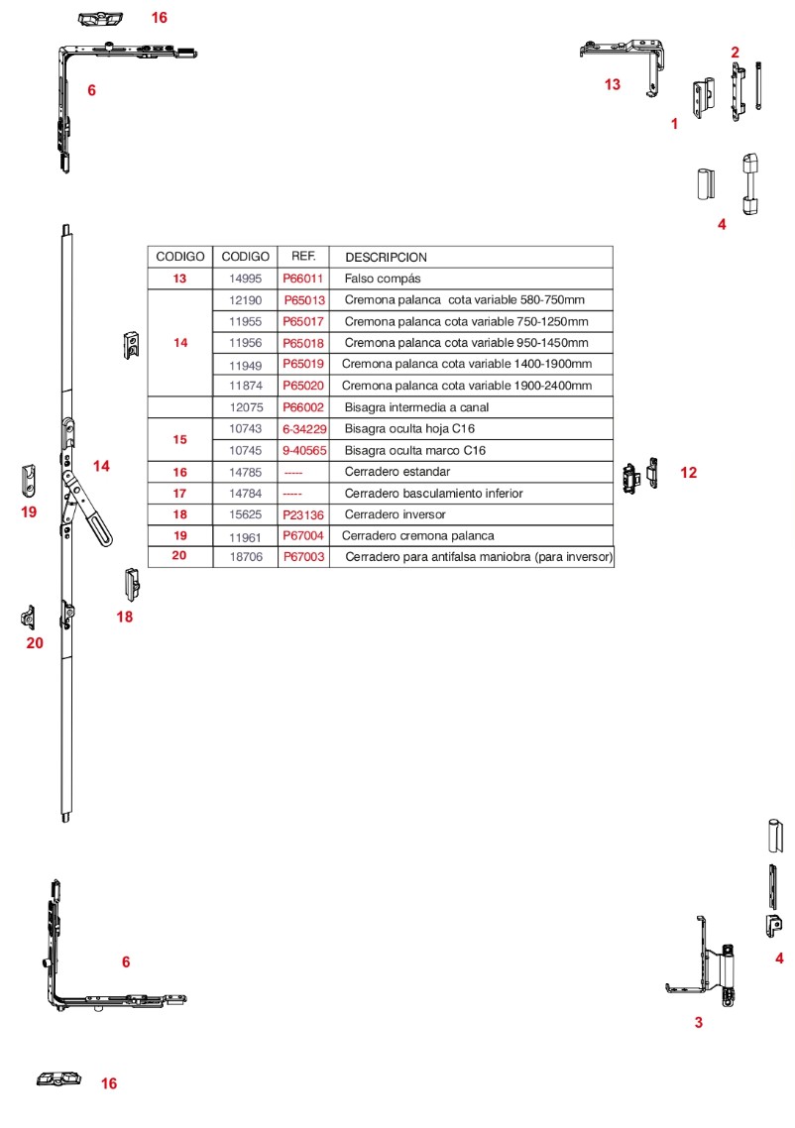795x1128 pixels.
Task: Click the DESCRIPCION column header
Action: pyautogui.click(x=386, y=257)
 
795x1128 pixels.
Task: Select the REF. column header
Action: pyautogui.click(x=303, y=256)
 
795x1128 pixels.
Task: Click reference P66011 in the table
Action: pyautogui.click(x=303, y=279)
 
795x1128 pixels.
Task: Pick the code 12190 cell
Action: pyautogui.click(x=245, y=299)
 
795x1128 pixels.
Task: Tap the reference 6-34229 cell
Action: pyautogui.click(x=303, y=428)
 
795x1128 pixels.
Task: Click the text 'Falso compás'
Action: pyautogui.click(x=383, y=279)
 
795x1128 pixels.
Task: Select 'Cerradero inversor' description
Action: pyautogui.click(x=395, y=514)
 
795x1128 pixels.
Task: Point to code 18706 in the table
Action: pyautogui.click(x=245, y=557)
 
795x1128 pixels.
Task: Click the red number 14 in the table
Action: pyautogui.click(x=180, y=343)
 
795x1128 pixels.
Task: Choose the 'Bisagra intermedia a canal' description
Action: pyautogui.click(x=416, y=407)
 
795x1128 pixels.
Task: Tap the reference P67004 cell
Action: pyautogui.click(x=303, y=535)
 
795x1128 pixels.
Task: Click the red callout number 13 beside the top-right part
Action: pyautogui.click(x=613, y=85)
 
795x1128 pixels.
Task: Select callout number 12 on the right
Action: pyautogui.click(x=688, y=473)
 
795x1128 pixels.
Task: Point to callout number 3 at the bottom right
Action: pyautogui.click(x=698, y=1022)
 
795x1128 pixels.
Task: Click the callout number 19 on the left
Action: pyautogui.click(x=29, y=511)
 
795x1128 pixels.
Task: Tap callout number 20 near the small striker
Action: pyautogui.click(x=35, y=642)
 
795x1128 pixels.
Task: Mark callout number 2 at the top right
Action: pyautogui.click(x=735, y=52)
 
